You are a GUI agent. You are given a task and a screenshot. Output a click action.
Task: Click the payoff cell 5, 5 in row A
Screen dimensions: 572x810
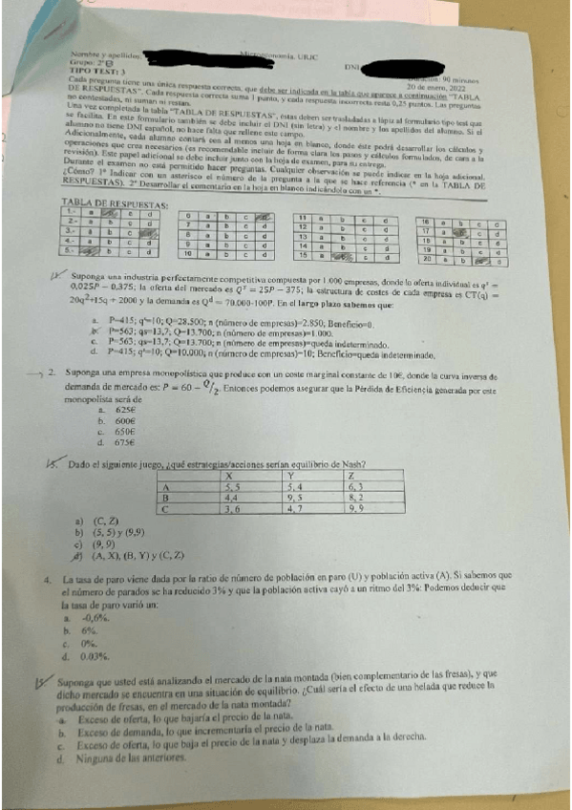click(231, 487)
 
